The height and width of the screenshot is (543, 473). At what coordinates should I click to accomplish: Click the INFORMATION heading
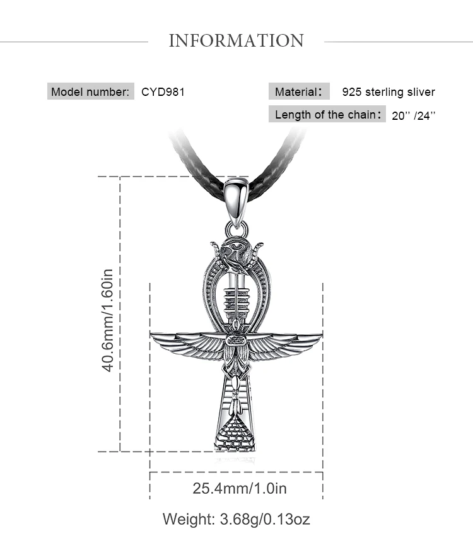point(236,40)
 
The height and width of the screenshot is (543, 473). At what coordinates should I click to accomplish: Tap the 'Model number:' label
point(90,92)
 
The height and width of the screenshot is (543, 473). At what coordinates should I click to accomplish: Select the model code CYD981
point(163,92)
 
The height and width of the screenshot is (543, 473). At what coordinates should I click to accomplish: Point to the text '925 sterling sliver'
point(388,92)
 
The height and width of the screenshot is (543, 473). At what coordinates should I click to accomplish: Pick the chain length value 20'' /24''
point(414,115)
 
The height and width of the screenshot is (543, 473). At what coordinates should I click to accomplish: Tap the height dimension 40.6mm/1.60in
point(108,320)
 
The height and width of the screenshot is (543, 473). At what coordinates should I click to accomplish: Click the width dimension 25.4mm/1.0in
point(240,488)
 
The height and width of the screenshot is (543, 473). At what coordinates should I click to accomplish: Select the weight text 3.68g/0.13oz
point(265,520)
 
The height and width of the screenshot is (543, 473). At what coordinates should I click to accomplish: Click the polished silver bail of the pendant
point(236,202)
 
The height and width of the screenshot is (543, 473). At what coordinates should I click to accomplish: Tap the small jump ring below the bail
point(237,230)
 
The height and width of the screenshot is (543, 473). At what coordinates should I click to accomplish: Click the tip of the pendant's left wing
point(151,334)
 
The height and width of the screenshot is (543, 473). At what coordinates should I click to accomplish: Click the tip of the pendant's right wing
point(322,334)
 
